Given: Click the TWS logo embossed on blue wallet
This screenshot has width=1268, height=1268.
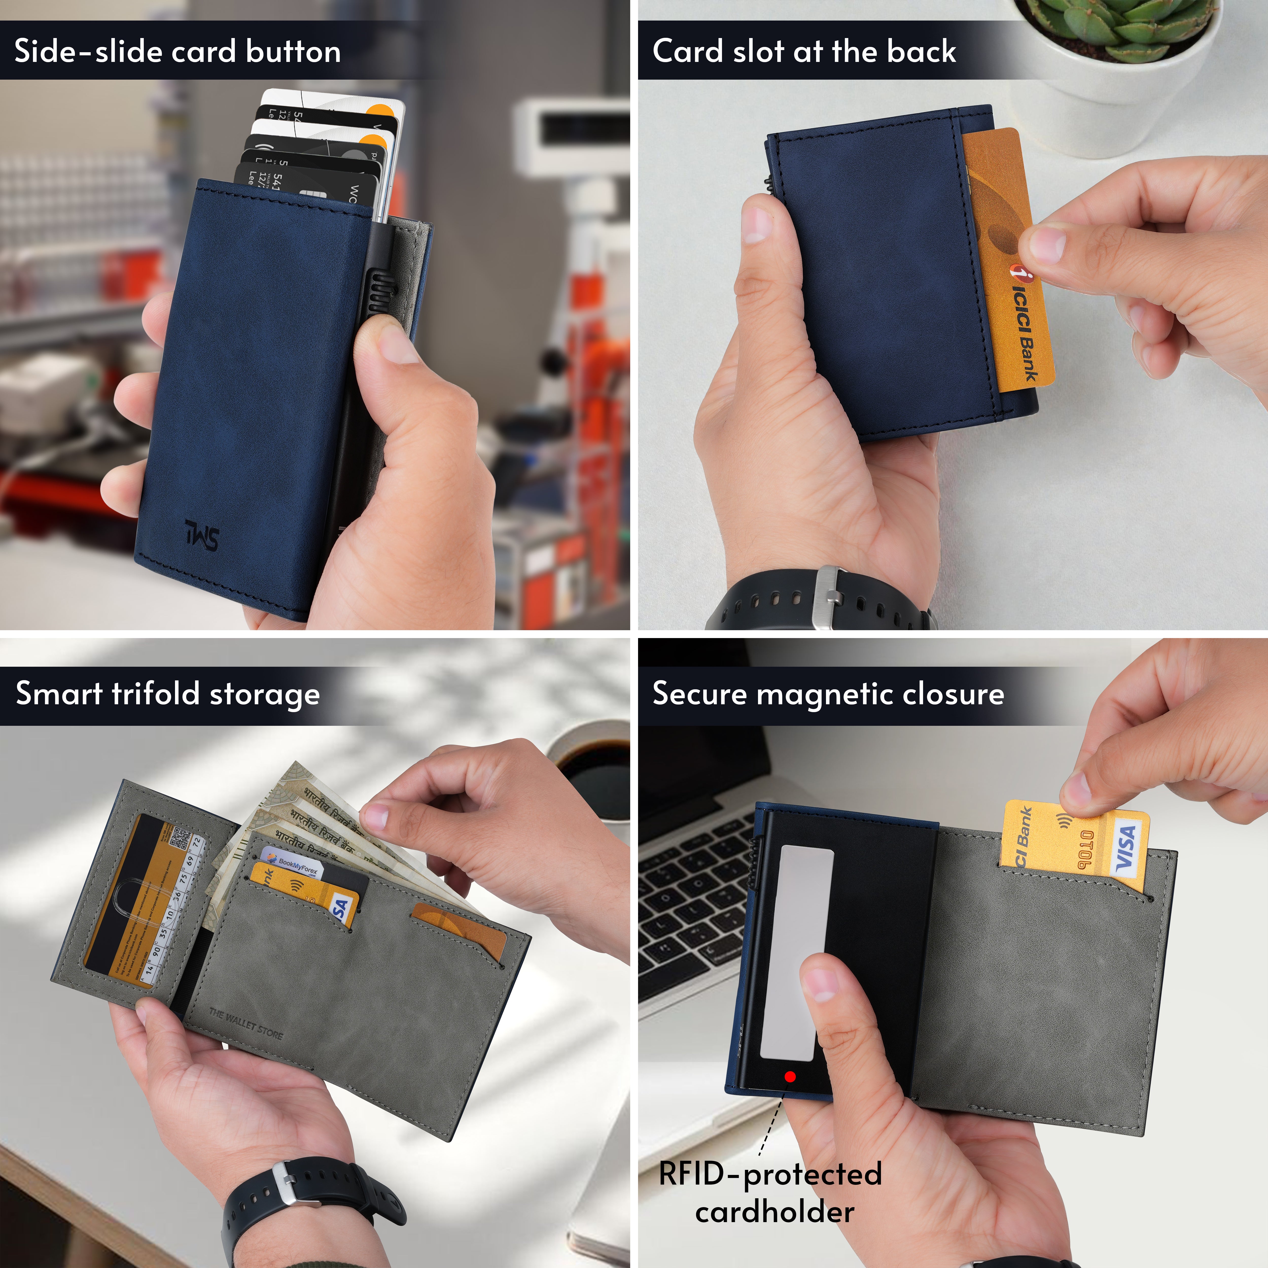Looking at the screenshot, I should point(202,535).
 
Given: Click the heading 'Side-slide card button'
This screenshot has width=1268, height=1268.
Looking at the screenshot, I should point(177,51).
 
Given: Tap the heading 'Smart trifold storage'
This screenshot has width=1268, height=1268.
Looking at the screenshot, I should point(167,694).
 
